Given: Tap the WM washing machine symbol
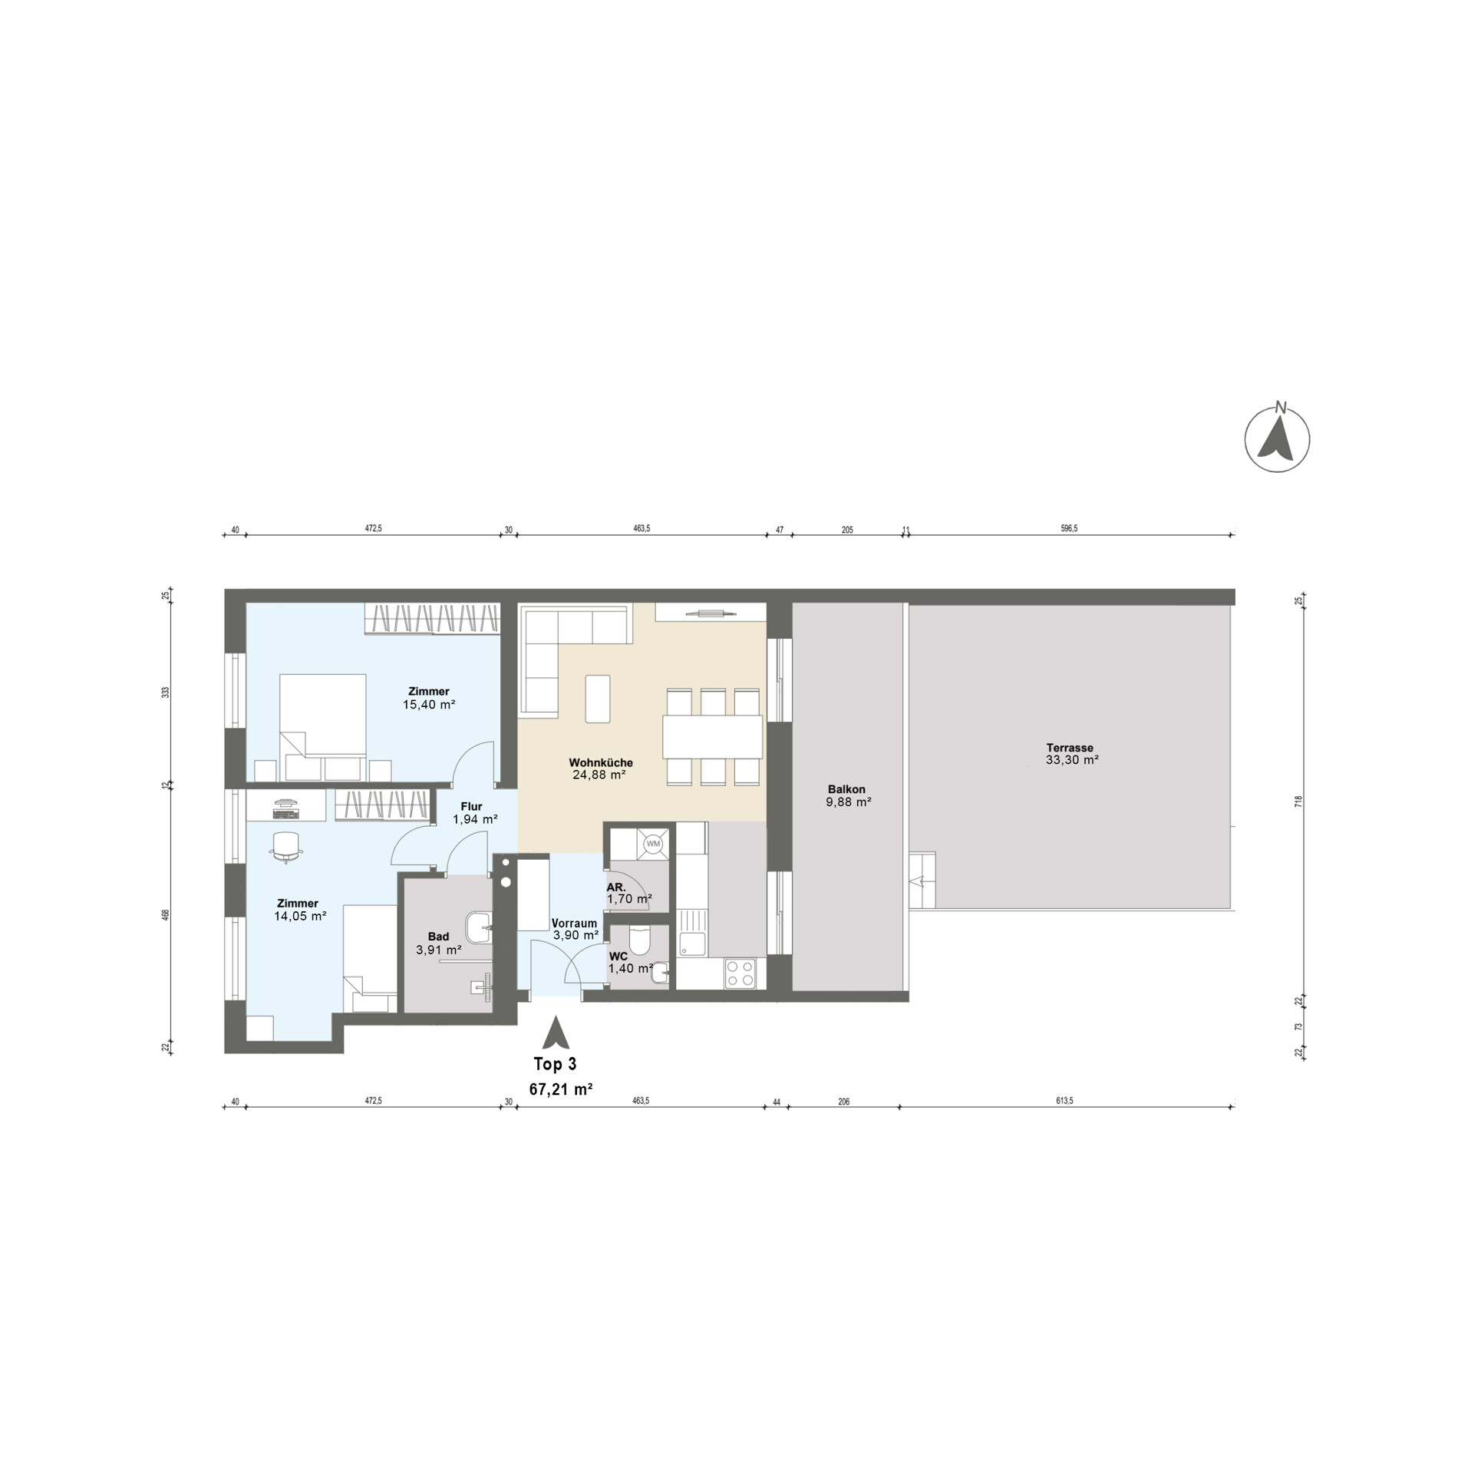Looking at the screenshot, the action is pyautogui.click(x=653, y=844).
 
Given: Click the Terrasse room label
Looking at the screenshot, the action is pyautogui.click(x=1070, y=748).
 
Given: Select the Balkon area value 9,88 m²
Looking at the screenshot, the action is pyautogui.click(x=848, y=802).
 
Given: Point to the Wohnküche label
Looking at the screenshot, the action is pyautogui.click(x=600, y=762).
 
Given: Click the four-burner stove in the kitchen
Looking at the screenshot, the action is pyautogui.click(x=740, y=973).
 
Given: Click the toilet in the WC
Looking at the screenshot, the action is pyautogui.click(x=639, y=940).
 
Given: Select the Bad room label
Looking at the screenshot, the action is pyautogui.click(x=438, y=937).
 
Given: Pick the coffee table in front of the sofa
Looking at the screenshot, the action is pyautogui.click(x=598, y=699).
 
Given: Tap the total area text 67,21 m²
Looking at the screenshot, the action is pyautogui.click(x=560, y=1089).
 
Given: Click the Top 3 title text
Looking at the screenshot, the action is pyautogui.click(x=555, y=1064).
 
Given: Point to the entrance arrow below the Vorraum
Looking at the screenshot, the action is pyautogui.click(x=555, y=1033).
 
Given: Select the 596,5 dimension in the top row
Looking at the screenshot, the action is pyautogui.click(x=1069, y=528).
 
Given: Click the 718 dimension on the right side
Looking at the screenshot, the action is pyautogui.click(x=1298, y=801).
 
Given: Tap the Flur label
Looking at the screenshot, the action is pyautogui.click(x=471, y=806).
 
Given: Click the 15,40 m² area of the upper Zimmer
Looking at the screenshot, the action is pyautogui.click(x=429, y=704).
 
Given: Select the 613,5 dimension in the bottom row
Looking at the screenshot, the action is pyautogui.click(x=1064, y=1100).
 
